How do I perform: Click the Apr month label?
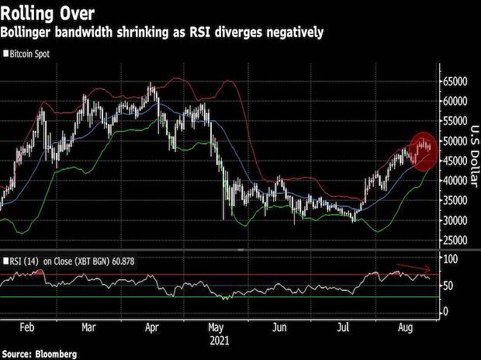tap(152, 327)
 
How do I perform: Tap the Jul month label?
tap(341, 327)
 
